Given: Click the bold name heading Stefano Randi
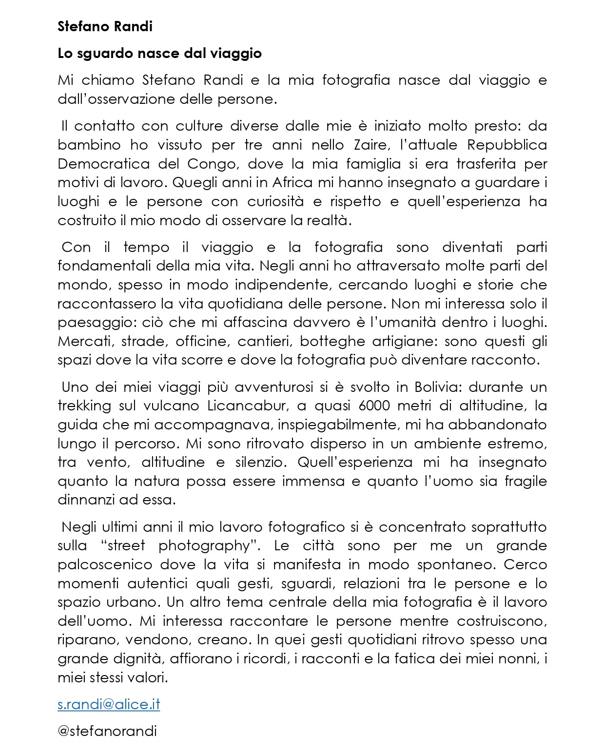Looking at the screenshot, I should [105, 26].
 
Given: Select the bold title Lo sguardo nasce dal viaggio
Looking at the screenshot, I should [159, 53].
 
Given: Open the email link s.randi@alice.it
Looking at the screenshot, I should [109, 704].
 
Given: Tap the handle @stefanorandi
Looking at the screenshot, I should [107, 731].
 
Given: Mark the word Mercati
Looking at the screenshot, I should [85, 341].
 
